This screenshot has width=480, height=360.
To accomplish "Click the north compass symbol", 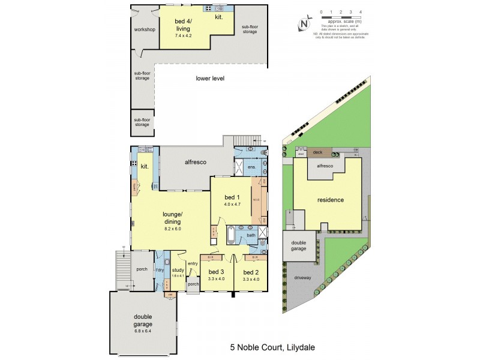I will [304, 24].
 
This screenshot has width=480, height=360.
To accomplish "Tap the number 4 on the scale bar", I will [360, 11].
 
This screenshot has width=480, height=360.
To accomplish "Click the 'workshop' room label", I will [145, 29].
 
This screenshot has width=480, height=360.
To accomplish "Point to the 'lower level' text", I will [210, 78].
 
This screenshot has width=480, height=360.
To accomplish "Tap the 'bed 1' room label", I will [231, 197].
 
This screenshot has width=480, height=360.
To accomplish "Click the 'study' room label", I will [178, 270].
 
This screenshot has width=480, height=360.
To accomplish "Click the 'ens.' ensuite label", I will [252, 166].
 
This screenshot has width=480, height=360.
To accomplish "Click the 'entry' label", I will [193, 263].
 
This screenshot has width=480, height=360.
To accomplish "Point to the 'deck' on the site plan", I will [317, 152].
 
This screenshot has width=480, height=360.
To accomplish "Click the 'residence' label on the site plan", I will [330, 200].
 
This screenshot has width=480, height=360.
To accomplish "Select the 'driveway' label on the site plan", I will [303, 278].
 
